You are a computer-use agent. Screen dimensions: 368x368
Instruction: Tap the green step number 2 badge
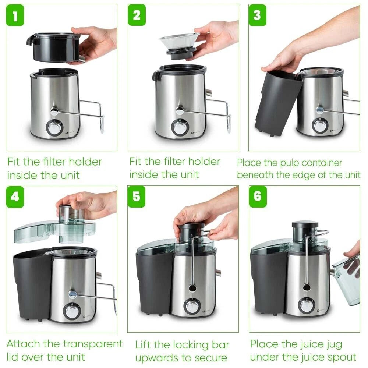pyautogui.click(x=137, y=16)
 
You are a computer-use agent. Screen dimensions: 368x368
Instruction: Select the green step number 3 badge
pyautogui.click(x=257, y=16)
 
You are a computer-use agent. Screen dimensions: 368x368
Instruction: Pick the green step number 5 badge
pyautogui.click(x=137, y=197)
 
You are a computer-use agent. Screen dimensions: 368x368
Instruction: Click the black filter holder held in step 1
pyautogui.click(x=55, y=47)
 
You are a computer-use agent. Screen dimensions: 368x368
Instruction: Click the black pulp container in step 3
pyautogui.click(x=277, y=101)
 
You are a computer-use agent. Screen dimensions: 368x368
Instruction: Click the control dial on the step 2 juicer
pyautogui.click(x=180, y=127)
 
